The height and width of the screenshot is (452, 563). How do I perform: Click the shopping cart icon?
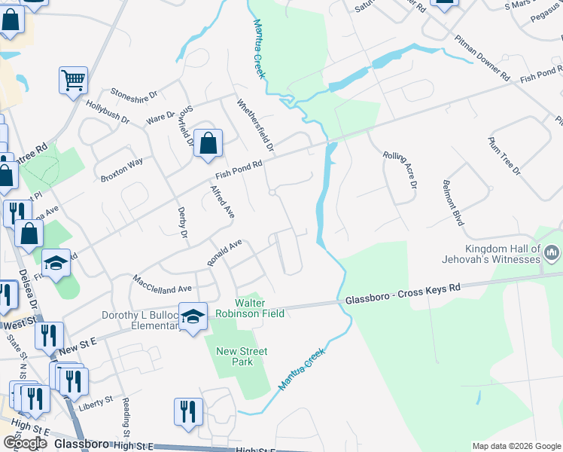[x=73, y=80]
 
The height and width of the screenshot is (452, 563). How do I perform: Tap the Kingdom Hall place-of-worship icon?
[x=552, y=250]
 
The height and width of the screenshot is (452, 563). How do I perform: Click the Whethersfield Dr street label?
[x=254, y=124]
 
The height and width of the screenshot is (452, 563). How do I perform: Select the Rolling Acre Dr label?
[x=399, y=169]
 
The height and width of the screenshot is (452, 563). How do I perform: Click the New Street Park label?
[x=242, y=356]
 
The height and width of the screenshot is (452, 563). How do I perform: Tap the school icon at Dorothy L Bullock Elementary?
[x=193, y=316]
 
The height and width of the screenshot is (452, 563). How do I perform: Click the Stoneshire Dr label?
[x=133, y=95]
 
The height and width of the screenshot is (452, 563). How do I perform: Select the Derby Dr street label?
[x=182, y=223]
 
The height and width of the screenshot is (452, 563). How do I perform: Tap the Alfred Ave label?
[x=222, y=201]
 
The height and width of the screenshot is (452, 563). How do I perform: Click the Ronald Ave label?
[x=224, y=252]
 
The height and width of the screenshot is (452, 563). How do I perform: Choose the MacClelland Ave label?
[x=163, y=283]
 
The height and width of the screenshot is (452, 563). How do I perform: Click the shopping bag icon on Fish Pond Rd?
[x=208, y=142]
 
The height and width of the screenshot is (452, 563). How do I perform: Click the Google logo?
[x=25, y=443]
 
